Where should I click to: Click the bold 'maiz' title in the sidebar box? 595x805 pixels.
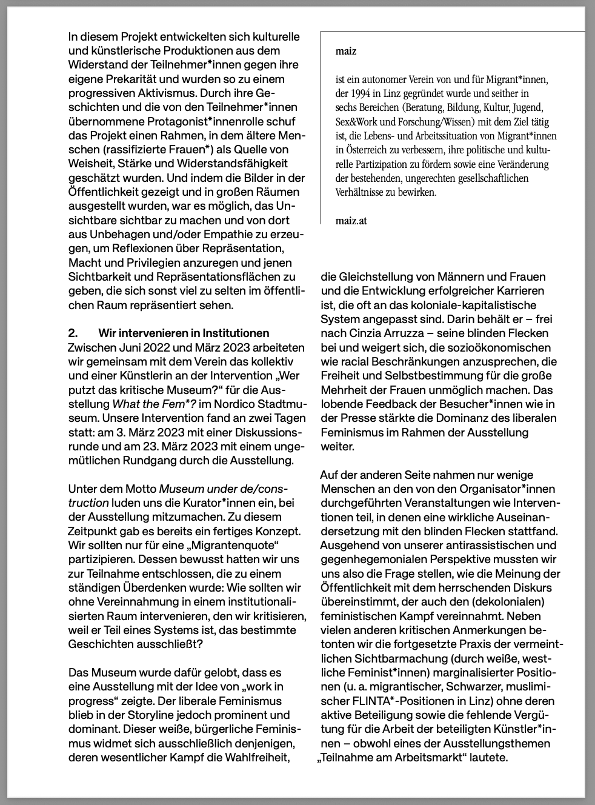coord(346,52)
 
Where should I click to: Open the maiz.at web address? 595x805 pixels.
coord(351,221)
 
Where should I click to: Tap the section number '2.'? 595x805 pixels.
coord(73,333)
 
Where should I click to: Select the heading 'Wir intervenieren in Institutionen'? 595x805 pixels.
coord(184,333)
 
